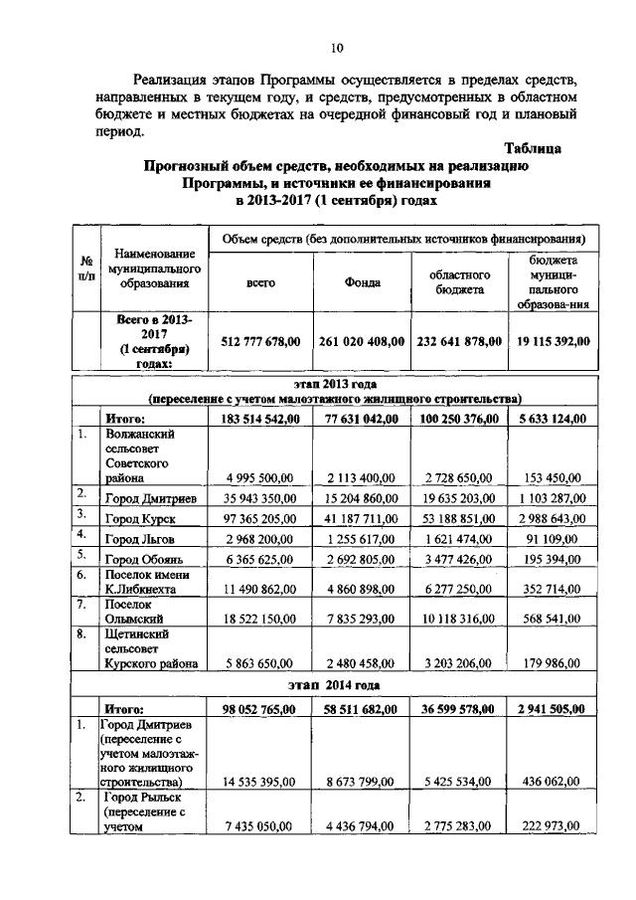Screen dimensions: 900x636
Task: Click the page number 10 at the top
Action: [337, 47]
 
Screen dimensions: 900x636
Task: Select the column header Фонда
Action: [363, 281]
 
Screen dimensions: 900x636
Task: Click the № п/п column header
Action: [85, 269]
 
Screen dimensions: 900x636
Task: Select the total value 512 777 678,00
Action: [260, 341]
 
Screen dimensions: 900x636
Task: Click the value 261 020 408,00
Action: [363, 341]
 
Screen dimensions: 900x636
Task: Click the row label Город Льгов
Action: [142, 538]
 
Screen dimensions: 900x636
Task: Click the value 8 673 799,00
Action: [363, 782]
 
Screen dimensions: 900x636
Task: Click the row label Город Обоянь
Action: [146, 561]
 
